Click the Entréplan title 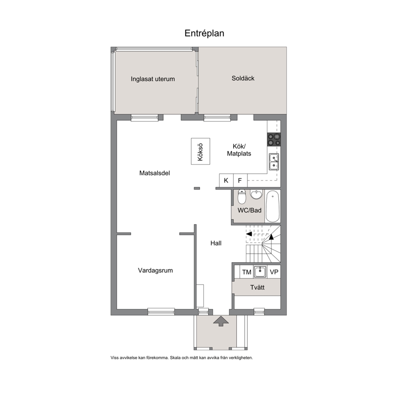pos(205,34)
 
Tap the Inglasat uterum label pos(152,79)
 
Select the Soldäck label pos(243,78)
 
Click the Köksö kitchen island pos(201,151)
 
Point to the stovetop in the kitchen pos(274,140)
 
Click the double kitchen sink pos(274,162)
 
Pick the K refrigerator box pos(226,180)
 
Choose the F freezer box pos(240,180)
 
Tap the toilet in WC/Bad pos(242,197)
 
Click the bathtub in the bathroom pos(273,207)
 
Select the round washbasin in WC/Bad pos(257,194)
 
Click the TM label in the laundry pos(247,272)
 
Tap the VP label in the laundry pos(274,272)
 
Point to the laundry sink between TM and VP pos(260,272)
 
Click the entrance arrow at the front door pos(221,321)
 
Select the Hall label pos(216,243)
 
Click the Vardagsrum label pos(155,271)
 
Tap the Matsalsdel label pos(155,173)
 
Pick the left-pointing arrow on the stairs pos(249,234)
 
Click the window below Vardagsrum pos(161,312)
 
